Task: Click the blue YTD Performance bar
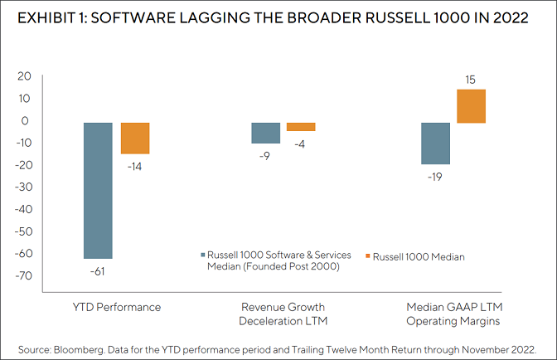pyautogui.click(x=98, y=190)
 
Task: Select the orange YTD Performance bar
pyautogui.click(x=135, y=138)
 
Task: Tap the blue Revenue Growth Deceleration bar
pyautogui.click(x=265, y=133)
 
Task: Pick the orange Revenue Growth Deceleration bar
pyautogui.click(x=301, y=127)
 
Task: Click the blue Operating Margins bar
pyautogui.click(x=435, y=144)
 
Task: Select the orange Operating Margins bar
pyautogui.click(x=471, y=106)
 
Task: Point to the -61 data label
pyautogui.click(x=98, y=270)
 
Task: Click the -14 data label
pyautogui.click(x=135, y=166)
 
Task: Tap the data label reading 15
pyautogui.click(x=471, y=80)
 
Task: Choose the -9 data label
pyautogui.click(x=265, y=154)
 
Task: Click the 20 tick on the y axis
pyautogui.click(x=23, y=76)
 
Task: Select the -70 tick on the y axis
pyautogui.click(x=21, y=275)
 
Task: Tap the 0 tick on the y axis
pyautogui.click(x=27, y=121)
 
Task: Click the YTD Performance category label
pyautogui.click(x=117, y=307)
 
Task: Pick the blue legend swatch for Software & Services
pyautogui.click(x=203, y=257)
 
